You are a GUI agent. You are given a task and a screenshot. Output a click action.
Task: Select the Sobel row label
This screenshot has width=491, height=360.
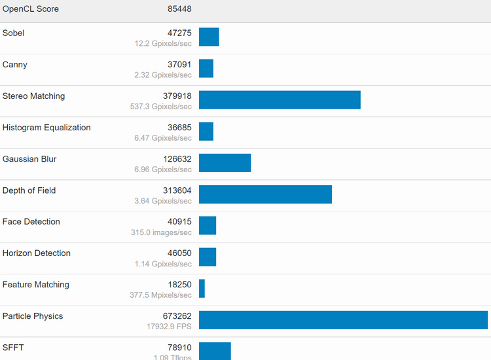(14, 33)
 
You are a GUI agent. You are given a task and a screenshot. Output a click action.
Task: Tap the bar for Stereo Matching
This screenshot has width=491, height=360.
(280, 99)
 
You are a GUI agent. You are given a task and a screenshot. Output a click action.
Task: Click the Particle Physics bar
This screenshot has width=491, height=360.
(343, 320)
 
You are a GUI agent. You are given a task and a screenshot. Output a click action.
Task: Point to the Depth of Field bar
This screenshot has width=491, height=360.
(265, 194)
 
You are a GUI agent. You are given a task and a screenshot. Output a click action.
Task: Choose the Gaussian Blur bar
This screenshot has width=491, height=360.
(225, 163)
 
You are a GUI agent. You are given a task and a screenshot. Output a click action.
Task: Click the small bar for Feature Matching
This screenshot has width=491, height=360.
(202, 289)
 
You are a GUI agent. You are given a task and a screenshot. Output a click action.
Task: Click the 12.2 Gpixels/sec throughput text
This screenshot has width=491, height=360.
(163, 44)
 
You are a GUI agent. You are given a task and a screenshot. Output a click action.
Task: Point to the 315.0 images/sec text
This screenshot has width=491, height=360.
(161, 232)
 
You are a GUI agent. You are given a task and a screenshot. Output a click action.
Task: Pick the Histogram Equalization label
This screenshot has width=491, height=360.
(46, 128)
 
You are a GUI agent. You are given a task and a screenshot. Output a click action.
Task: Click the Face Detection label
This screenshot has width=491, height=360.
(31, 222)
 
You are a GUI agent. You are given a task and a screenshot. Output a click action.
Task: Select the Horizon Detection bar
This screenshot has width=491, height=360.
(208, 257)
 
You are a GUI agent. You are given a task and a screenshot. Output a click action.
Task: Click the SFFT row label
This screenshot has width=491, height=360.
(13, 348)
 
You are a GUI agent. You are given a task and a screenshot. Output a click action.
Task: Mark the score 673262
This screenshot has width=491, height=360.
(177, 316)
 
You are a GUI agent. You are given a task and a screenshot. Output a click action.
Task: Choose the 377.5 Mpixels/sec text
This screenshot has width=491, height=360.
(160, 295)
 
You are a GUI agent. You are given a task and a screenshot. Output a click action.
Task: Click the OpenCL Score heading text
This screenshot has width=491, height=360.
(30, 9)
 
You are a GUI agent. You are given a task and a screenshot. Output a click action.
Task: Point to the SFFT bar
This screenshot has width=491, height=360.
(215, 351)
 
